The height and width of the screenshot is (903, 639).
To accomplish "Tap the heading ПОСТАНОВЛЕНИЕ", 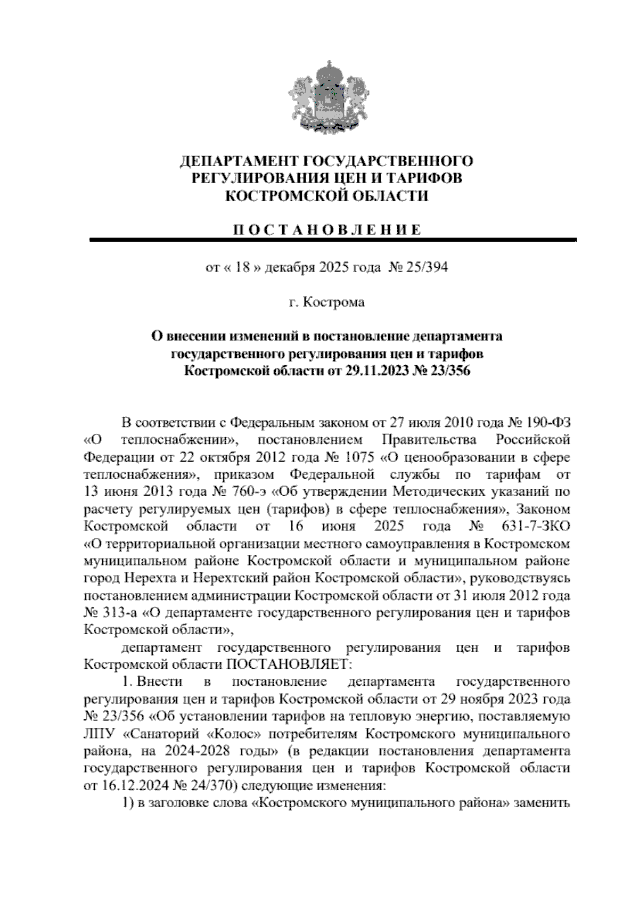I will point(327,230).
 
